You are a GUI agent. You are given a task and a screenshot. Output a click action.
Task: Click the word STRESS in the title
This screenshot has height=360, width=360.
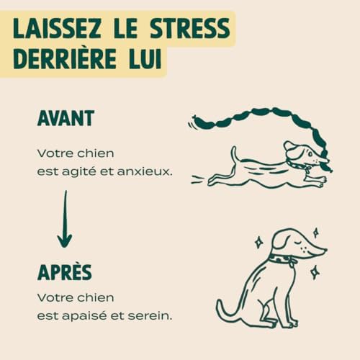pyautogui.click(x=189, y=28)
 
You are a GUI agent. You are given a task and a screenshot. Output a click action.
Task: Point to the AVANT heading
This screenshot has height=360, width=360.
pyautogui.click(x=66, y=118)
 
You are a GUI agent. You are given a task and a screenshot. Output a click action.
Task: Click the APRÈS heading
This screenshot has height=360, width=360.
pyautogui.click(x=65, y=272)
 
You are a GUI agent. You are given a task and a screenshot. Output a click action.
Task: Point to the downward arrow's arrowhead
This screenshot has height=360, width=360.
pyautogui.click(x=65, y=241)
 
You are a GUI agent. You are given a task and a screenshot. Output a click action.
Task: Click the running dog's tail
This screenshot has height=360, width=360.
pyautogui.click(x=233, y=153)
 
